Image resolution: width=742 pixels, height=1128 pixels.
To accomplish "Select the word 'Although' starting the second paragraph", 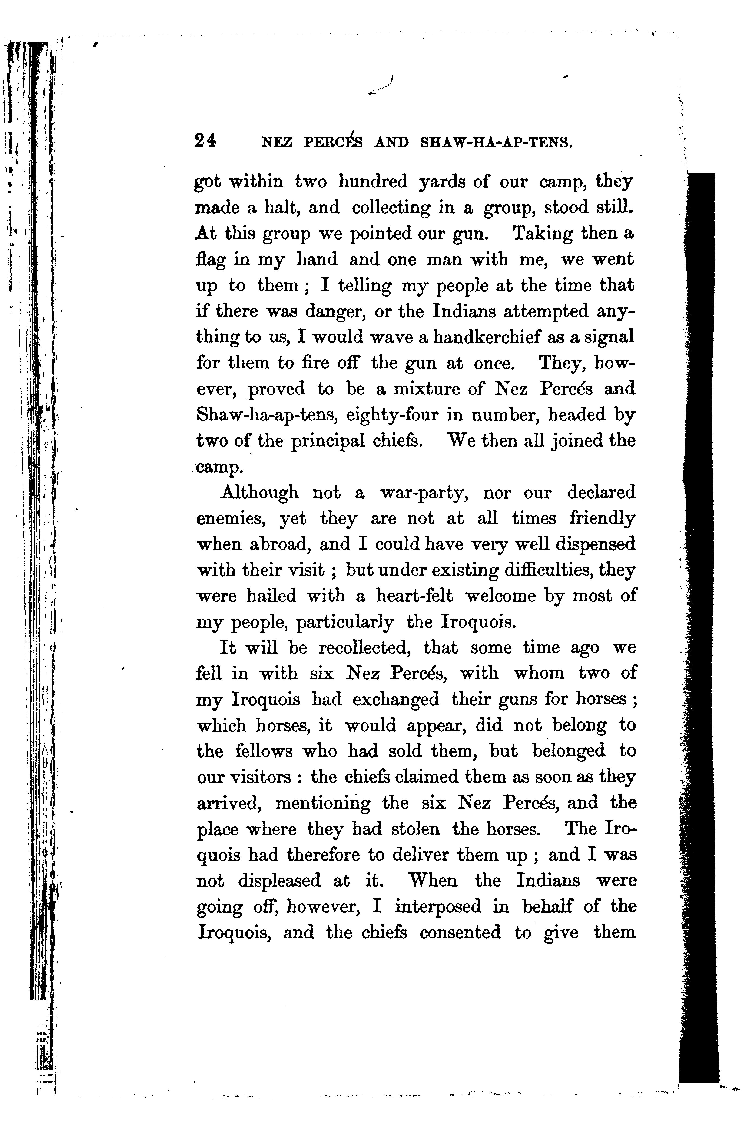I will [x=260, y=493].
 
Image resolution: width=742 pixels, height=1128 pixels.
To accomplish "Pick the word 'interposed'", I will [x=438, y=907].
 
